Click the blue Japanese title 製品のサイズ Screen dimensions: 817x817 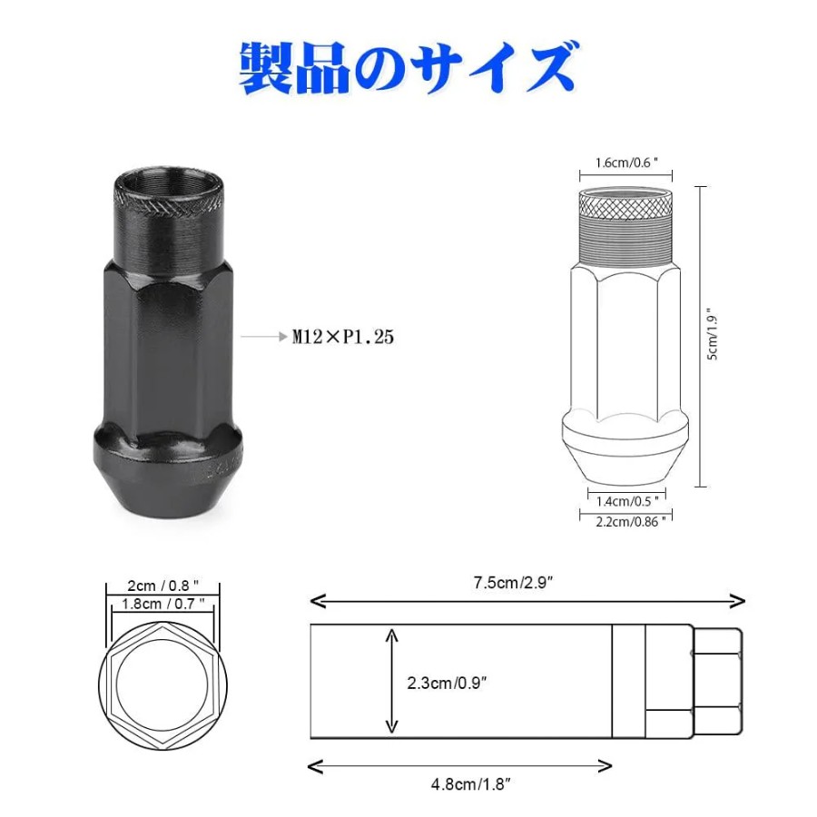tap(408, 68)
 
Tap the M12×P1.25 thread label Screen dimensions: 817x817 tap(343, 337)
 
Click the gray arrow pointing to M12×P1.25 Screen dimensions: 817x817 tap(264, 337)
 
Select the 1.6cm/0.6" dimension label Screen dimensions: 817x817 tap(626, 162)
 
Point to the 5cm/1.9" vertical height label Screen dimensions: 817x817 tap(713, 337)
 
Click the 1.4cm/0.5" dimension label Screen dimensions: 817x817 tap(627, 501)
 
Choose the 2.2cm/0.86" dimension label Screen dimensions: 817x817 tap(631, 522)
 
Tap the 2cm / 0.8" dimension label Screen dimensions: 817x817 tap(163, 586)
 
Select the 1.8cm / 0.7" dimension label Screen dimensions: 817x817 tap(163, 604)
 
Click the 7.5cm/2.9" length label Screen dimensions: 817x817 tap(513, 583)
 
